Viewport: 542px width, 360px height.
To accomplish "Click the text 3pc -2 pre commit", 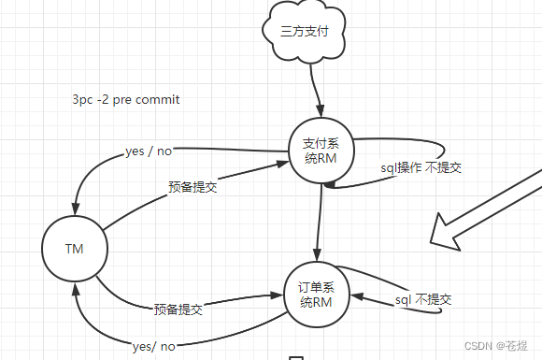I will click(125, 99).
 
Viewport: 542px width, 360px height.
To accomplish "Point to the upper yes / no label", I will click(149, 151).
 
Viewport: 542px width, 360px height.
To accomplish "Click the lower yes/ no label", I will click(154, 346).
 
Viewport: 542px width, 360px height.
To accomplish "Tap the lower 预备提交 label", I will click(178, 308).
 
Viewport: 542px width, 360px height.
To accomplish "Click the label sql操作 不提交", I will click(421, 167).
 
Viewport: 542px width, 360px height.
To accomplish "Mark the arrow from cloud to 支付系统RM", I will click(315, 92).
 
